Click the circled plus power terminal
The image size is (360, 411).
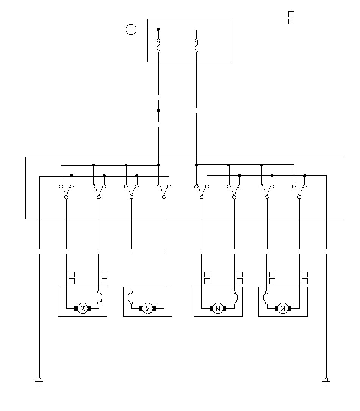[x=131, y=30]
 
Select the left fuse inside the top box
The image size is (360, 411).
[x=158, y=45]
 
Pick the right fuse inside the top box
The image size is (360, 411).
[x=196, y=45]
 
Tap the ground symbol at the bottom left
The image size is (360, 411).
[x=39, y=383]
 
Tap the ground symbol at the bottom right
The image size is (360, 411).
[x=326, y=383]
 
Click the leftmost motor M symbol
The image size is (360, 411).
[x=83, y=308]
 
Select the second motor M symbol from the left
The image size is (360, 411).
[x=147, y=308]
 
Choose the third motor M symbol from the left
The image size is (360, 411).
[x=218, y=308]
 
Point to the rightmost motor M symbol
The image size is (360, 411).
[x=283, y=308]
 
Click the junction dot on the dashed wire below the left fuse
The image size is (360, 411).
[x=158, y=111]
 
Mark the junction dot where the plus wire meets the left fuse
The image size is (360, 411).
[x=158, y=30]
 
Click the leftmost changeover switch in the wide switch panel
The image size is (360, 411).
[x=66, y=192]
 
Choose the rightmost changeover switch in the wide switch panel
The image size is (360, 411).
[x=299, y=192]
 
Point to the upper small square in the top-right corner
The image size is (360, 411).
[x=291, y=14]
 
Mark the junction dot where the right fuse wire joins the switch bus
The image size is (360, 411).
[x=196, y=165]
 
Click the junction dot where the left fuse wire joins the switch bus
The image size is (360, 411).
[x=158, y=165]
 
